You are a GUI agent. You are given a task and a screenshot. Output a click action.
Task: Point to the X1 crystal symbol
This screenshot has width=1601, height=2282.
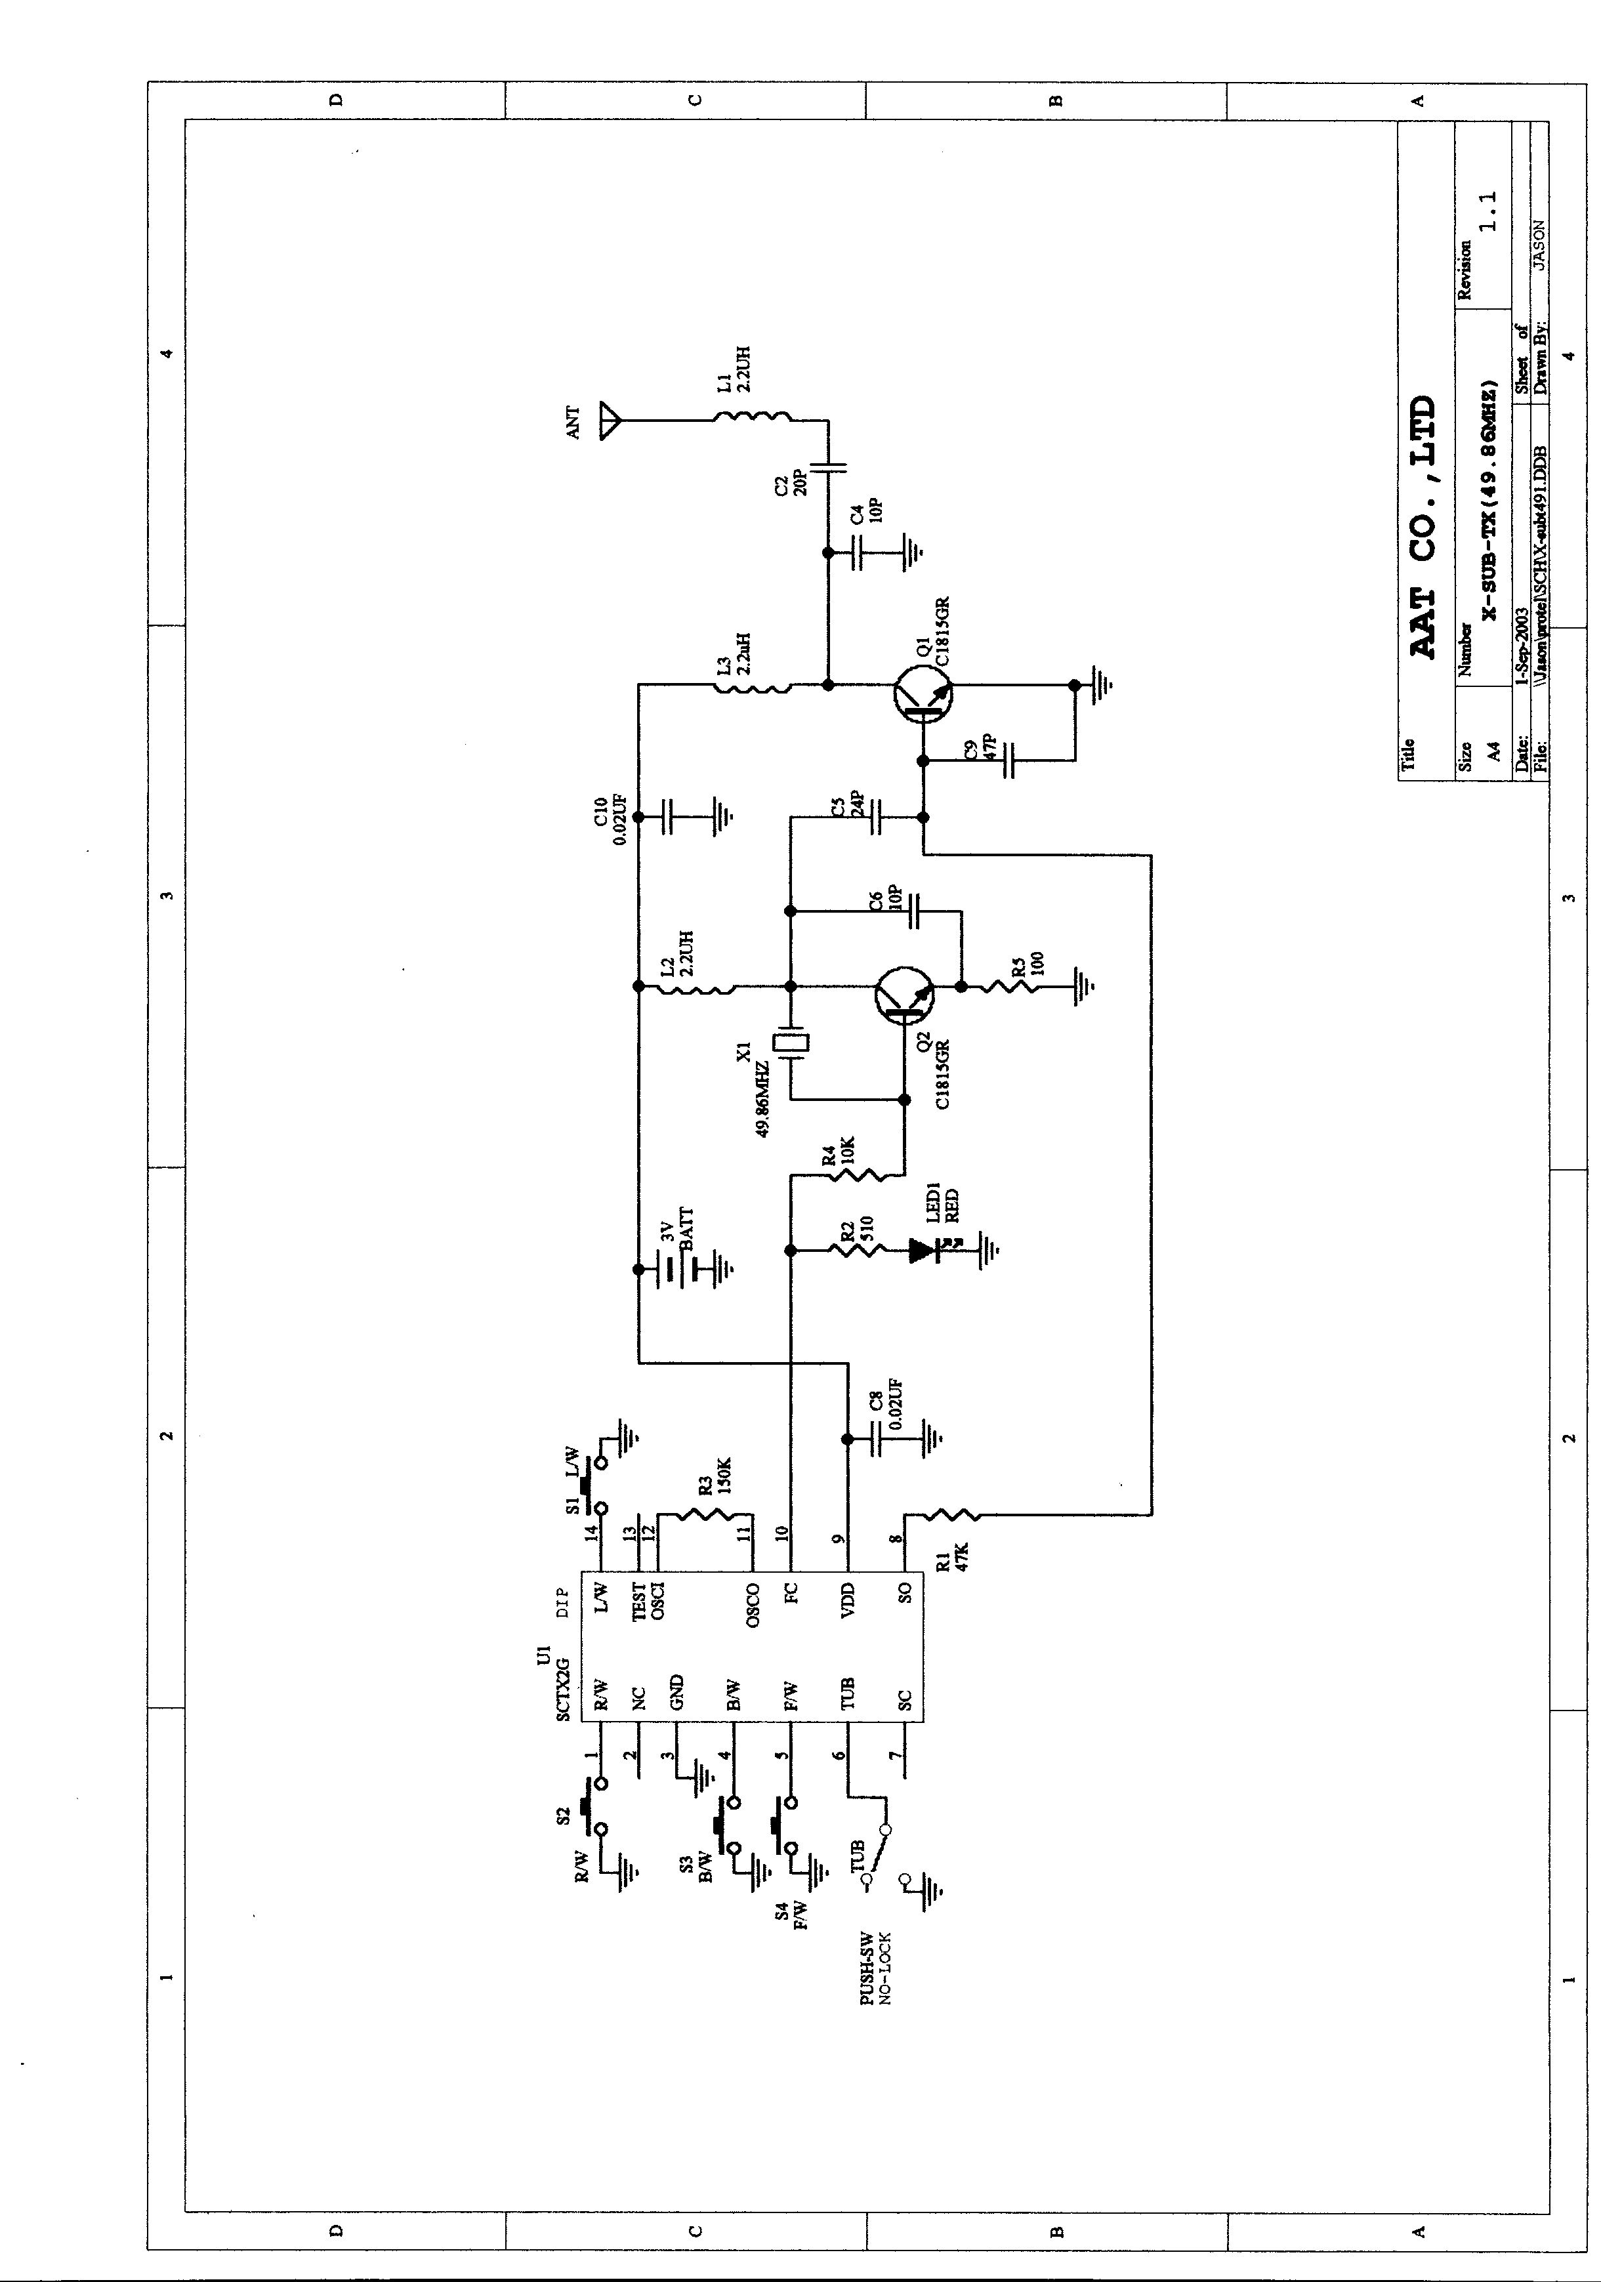[792, 1044]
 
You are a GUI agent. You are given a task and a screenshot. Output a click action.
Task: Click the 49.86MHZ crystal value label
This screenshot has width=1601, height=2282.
[763, 1099]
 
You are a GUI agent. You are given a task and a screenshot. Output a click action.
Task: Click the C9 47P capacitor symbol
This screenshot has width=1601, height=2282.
[1010, 760]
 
